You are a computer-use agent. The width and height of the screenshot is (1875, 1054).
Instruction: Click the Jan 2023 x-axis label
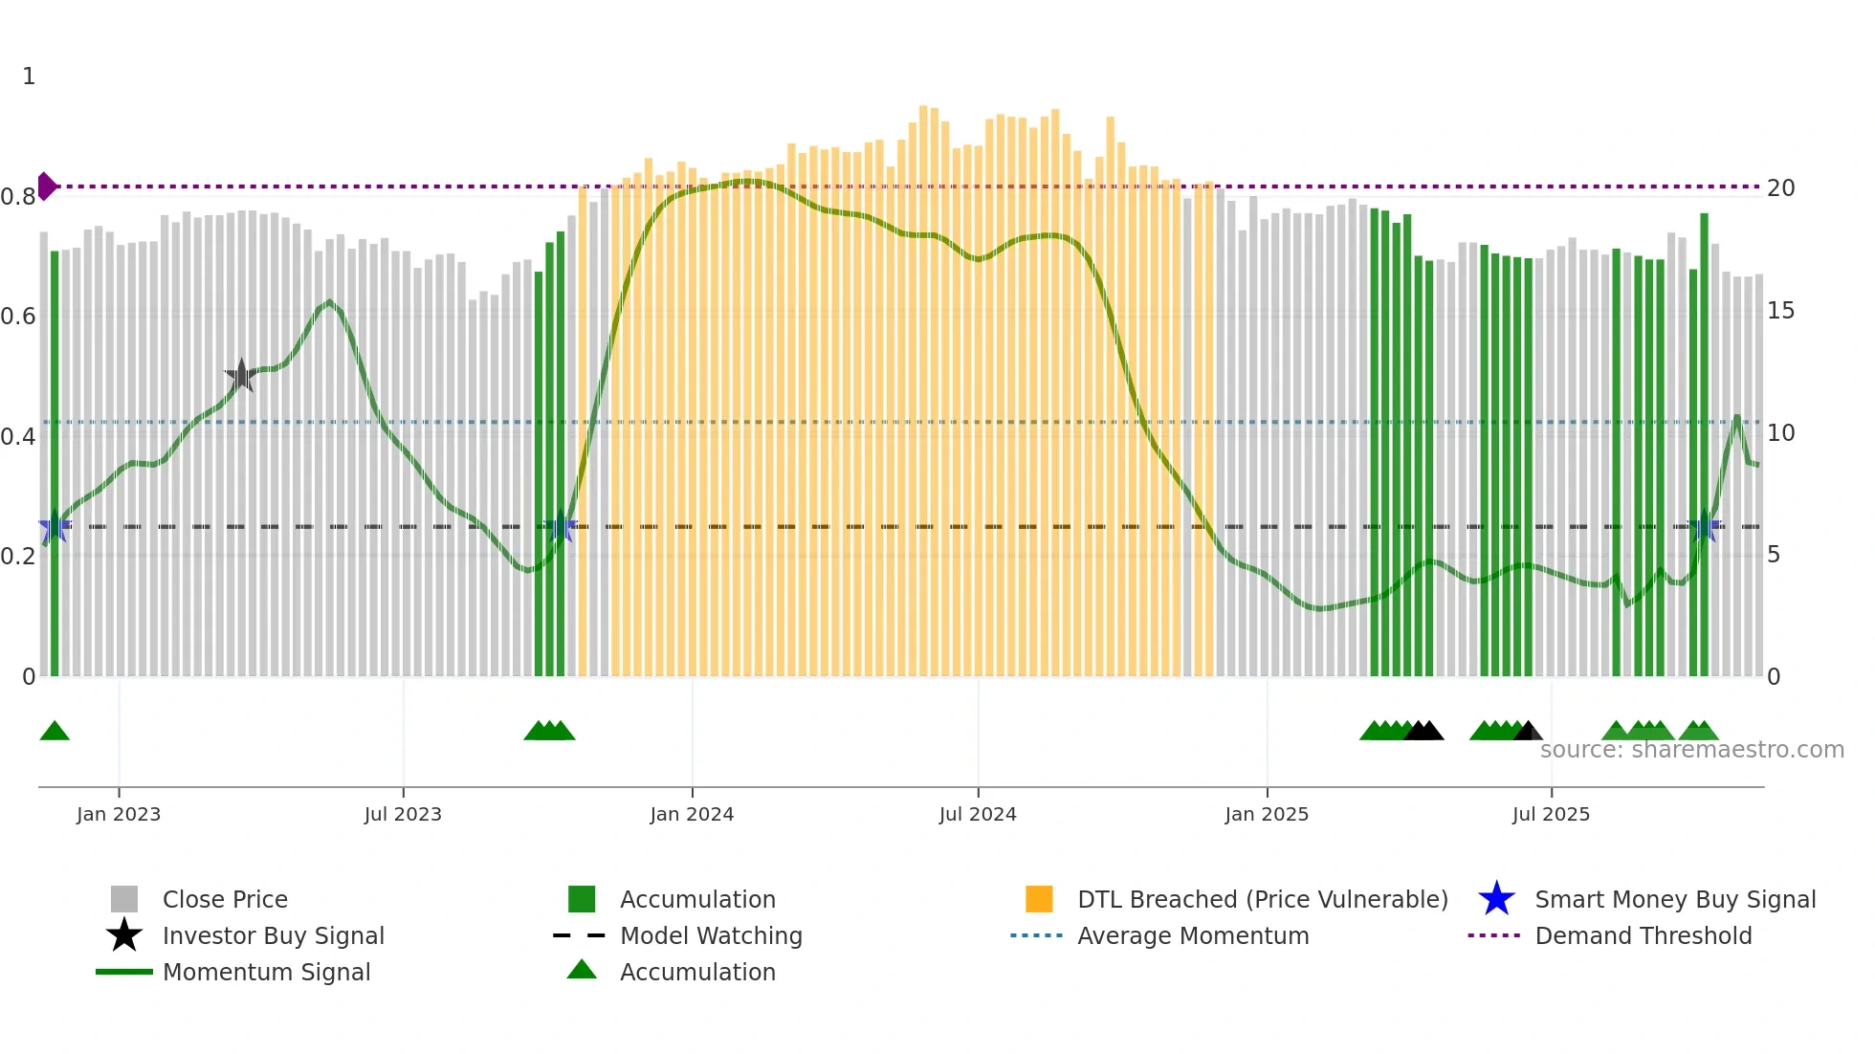point(119,814)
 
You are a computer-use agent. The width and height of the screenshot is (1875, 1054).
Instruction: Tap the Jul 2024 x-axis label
point(978,814)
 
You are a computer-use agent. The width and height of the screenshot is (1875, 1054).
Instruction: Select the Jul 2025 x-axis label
point(1551,814)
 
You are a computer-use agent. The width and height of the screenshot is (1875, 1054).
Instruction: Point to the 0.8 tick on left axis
point(18,197)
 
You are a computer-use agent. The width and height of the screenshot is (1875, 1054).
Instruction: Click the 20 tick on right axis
point(1780,188)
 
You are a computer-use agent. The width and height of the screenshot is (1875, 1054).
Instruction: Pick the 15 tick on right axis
point(1780,311)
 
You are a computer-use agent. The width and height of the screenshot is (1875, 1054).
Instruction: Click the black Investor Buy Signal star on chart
point(241,376)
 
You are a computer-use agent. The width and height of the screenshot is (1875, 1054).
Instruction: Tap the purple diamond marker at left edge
point(46,187)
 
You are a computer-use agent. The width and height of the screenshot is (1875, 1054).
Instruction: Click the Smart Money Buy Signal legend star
point(1496,899)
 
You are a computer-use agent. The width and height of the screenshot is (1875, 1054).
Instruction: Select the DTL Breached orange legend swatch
point(1039,899)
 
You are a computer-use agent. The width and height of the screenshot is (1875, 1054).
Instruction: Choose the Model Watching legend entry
point(711,935)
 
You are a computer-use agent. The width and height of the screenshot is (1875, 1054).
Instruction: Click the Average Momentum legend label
point(1193,935)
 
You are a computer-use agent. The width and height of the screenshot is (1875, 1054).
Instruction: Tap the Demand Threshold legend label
point(1643,935)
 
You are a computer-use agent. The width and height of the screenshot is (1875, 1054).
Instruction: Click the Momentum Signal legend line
point(124,972)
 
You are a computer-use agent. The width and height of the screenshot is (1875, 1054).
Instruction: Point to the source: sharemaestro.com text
point(1691,750)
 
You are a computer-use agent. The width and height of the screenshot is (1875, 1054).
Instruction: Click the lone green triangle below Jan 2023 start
point(55,732)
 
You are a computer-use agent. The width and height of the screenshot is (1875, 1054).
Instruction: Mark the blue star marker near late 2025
point(1704,525)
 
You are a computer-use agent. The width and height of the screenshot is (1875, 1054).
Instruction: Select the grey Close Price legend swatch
point(124,899)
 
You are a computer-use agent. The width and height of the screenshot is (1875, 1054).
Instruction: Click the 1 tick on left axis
point(29,77)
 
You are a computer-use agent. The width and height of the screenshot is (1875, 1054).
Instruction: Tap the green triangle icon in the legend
point(582,970)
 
